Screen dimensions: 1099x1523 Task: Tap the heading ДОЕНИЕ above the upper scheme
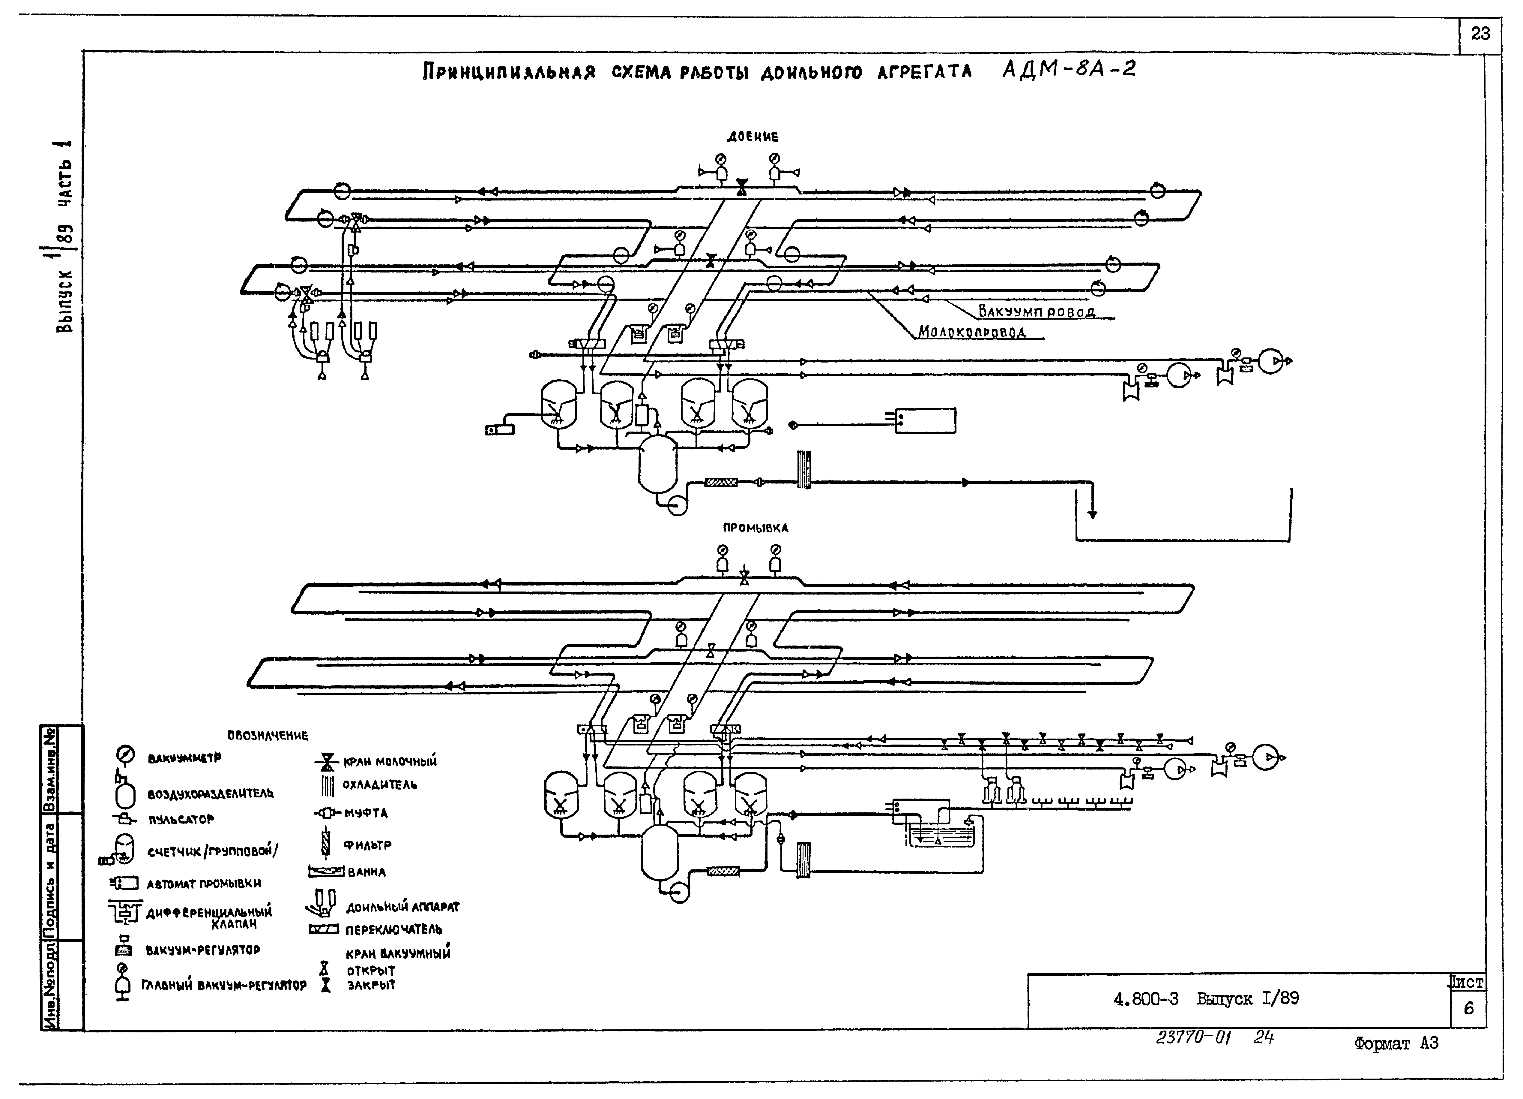click(x=753, y=137)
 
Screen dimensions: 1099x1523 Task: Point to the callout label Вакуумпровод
click(x=1036, y=312)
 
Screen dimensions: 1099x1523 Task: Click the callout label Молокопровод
click(x=972, y=332)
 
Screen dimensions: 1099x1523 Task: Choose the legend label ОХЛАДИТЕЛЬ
click(x=379, y=784)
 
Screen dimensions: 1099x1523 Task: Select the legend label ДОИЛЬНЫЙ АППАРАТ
click(x=402, y=908)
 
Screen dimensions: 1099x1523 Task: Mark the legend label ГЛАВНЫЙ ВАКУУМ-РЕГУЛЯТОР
click(x=224, y=986)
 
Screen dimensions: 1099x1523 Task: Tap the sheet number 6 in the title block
click(x=1469, y=1009)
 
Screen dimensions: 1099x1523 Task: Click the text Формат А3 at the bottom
click(x=1396, y=1043)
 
